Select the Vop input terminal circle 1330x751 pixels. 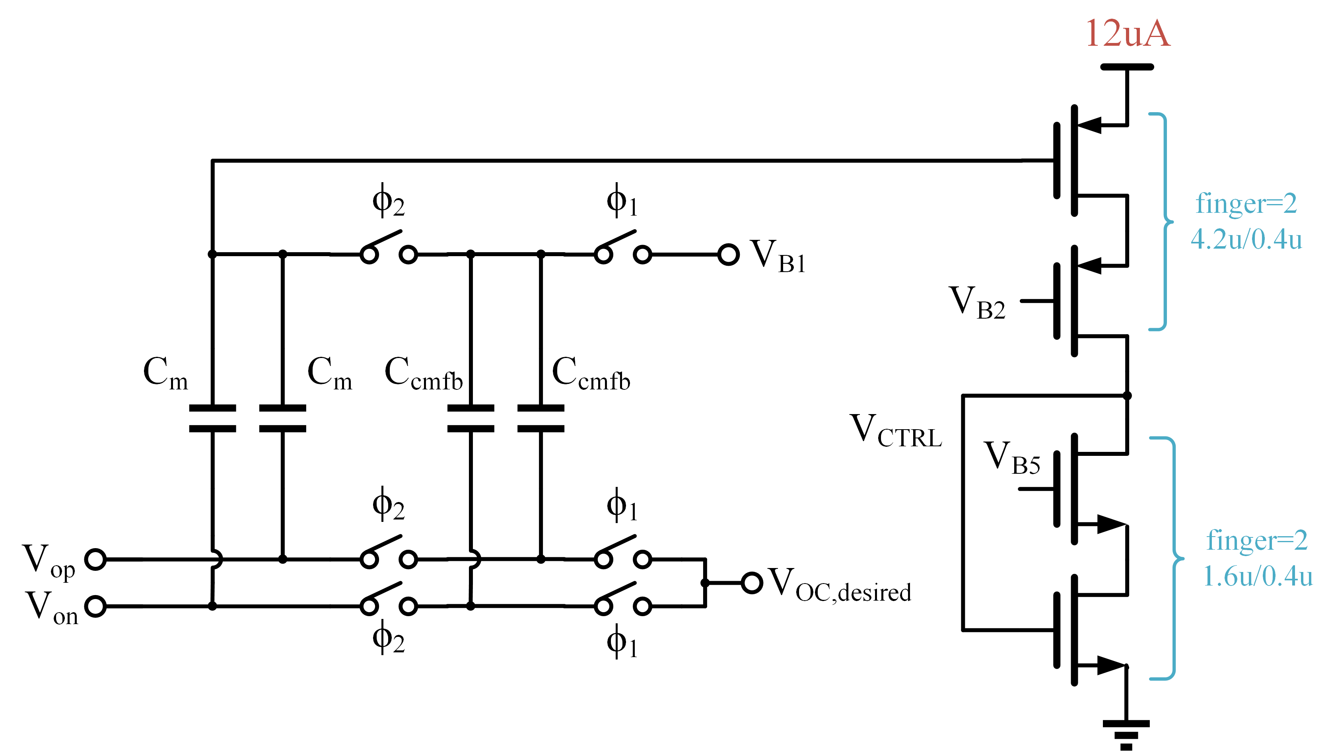pyautogui.click(x=95, y=559)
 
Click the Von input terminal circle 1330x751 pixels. pyautogui.click(x=95, y=606)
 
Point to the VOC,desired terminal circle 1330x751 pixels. pyautogui.click(x=752, y=583)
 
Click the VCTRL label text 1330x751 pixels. pyautogui.click(x=896, y=431)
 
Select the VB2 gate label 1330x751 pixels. pyautogui.click(x=977, y=303)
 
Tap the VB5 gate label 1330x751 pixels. pyautogui.click(x=1011, y=459)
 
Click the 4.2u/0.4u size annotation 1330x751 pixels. pyautogui.click(x=1246, y=239)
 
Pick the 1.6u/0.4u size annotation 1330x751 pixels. pyautogui.click(x=1257, y=576)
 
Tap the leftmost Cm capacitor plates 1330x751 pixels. pyautogui.click(x=212, y=418)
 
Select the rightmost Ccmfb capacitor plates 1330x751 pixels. pyautogui.click(x=541, y=418)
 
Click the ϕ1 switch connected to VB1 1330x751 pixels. pyautogui.click(x=623, y=248)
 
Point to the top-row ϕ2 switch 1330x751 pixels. pyautogui.click(x=388, y=248)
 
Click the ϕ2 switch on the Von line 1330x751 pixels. pyautogui.click(x=388, y=599)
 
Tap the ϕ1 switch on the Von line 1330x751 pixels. pyautogui.click(x=623, y=599)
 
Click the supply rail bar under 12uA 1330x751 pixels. pyautogui.click(x=1127, y=67)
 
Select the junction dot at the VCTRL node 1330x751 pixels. pyautogui.click(x=1127, y=396)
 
